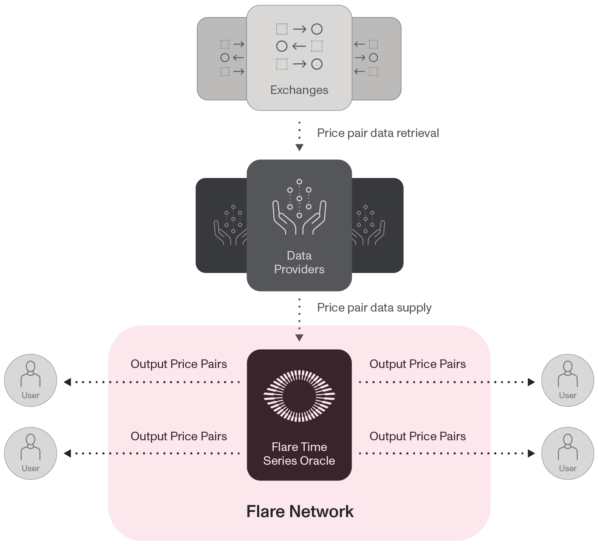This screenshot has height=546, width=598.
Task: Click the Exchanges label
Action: tap(299, 90)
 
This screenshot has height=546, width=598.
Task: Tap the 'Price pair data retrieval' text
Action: tap(378, 133)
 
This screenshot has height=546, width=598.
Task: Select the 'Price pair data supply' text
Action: tap(374, 308)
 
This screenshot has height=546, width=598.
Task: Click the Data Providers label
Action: tap(299, 262)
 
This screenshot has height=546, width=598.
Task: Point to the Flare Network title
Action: tap(300, 512)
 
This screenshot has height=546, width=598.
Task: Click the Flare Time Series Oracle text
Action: tap(299, 454)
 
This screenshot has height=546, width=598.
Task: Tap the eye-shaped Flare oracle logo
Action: tap(299, 396)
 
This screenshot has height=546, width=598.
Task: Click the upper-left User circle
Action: tap(31, 380)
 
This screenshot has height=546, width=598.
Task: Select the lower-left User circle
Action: tap(31, 453)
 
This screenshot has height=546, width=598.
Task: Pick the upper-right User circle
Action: tap(568, 380)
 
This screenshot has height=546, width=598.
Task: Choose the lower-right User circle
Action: tap(568, 453)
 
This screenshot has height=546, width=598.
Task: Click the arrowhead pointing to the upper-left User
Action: tap(68, 382)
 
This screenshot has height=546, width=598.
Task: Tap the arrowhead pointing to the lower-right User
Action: tap(531, 453)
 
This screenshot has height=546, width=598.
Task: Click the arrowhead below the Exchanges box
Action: tap(300, 148)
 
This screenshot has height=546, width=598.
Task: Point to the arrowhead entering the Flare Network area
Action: tap(300, 338)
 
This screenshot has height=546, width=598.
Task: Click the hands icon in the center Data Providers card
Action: tap(299, 207)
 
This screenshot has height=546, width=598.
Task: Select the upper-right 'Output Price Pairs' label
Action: tap(418, 364)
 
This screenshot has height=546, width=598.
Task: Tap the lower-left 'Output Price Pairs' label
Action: tap(179, 437)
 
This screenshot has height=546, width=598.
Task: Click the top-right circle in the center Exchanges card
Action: tap(317, 29)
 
